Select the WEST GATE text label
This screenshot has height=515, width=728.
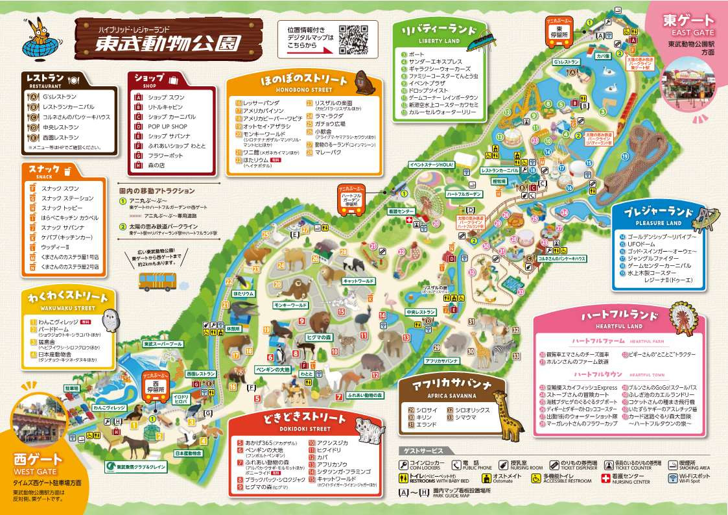(x=34, y=472)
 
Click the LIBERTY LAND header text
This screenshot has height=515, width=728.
(x=434, y=41)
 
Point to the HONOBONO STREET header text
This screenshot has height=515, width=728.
(x=294, y=90)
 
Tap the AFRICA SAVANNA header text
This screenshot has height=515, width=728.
(x=444, y=395)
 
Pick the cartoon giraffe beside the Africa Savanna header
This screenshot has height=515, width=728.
(x=508, y=415)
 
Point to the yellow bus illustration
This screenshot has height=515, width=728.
(x=158, y=280)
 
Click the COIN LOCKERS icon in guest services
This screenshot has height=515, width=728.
(x=404, y=464)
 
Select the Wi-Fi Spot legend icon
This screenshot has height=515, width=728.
(x=675, y=479)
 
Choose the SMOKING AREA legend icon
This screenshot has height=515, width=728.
(x=675, y=464)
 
